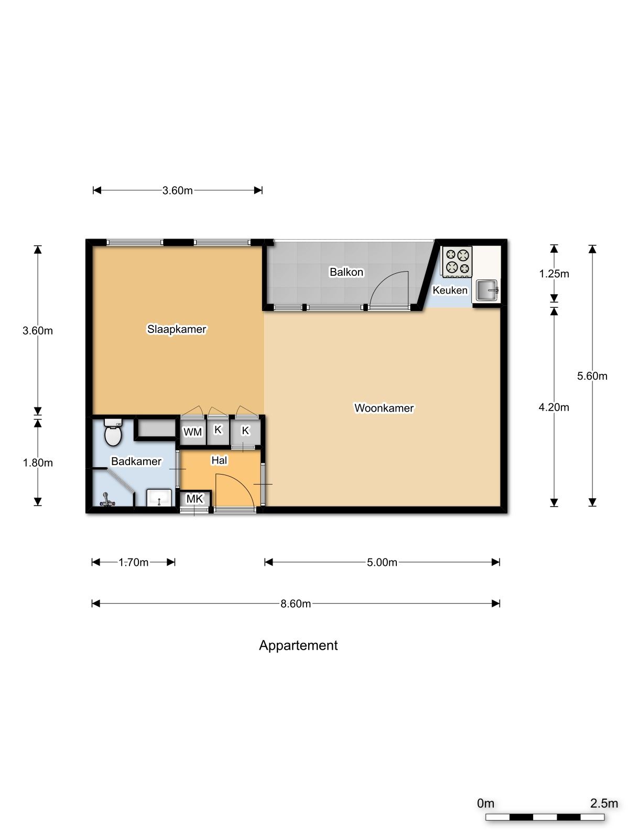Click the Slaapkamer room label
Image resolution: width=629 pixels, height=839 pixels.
(x=177, y=329)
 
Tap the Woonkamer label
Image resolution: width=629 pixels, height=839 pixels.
(x=384, y=408)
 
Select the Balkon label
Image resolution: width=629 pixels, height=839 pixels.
(x=346, y=272)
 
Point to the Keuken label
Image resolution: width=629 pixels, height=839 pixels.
(x=450, y=290)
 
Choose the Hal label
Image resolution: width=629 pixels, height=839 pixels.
(x=219, y=460)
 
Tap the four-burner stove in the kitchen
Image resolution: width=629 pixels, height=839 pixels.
(x=457, y=262)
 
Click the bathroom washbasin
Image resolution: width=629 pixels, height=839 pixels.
(x=159, y=497)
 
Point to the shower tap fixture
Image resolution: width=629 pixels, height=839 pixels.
(x=106, y=500)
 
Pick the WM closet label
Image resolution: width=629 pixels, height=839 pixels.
(x=192, y=432)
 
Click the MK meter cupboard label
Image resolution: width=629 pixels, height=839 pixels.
(x=195, y=499)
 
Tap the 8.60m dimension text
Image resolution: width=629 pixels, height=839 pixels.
(x=296, y=604)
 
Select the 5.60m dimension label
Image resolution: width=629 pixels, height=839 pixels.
(x=592, y=376)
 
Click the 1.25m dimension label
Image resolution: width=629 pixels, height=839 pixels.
(x=554, y=274)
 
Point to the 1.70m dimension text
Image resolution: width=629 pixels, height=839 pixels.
(x=133, y=562)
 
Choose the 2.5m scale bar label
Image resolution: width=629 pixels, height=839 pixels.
(x=604, y=803)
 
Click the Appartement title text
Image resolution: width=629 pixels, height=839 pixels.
(x=298, y=646)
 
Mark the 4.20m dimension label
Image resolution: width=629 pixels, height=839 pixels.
(x=554, y=407)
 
